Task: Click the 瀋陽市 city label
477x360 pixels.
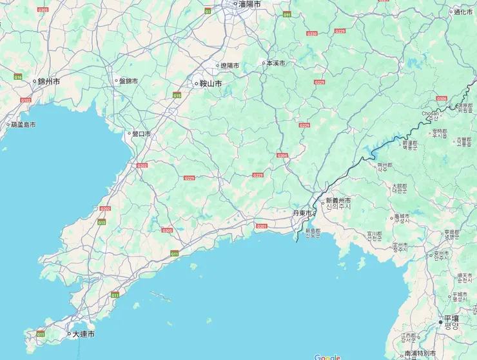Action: coord(249,4)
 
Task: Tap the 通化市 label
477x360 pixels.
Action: coord(463,12)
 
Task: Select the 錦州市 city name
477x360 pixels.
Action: coord(48,81)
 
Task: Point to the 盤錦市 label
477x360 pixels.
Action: coord(126,81)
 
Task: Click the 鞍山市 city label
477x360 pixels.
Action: coord(210,83)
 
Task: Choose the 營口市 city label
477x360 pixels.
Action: coord(141,134)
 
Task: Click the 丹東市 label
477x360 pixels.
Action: coord(302,213)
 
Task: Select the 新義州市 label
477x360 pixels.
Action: coord(338,201)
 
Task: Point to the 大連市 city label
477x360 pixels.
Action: coord(83,334)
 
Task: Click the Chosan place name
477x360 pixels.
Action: coord(430,114)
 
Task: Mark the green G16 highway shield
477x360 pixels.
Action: coord(18,77)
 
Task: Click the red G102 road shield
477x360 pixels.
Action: coord(26,100)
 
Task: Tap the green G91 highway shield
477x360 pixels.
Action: coord(287,14)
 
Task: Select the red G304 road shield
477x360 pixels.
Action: coord(282,155)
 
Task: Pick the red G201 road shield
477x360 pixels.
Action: coord(261,226)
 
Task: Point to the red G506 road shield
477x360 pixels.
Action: coord(442,98)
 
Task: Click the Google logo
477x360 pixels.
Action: coord(327,357)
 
